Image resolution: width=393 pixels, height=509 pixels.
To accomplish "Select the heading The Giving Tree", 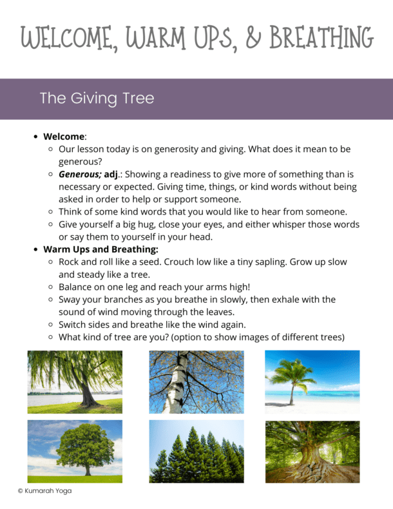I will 97,99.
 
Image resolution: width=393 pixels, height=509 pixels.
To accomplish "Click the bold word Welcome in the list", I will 64,137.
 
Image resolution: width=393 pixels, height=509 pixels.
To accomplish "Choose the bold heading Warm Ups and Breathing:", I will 101,249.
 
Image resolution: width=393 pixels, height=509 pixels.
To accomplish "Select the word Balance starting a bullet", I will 78,287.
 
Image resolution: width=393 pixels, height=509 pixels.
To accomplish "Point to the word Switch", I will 73,325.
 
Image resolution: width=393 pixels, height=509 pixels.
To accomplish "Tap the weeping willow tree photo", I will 75,381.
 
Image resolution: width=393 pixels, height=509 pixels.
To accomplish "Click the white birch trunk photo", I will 196,381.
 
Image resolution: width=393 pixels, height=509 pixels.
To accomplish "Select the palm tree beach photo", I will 312,381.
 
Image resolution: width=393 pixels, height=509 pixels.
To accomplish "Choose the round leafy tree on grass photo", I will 75,451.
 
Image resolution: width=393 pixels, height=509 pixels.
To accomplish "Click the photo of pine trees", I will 196,451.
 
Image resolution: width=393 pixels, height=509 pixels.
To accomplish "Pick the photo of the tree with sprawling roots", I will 312,451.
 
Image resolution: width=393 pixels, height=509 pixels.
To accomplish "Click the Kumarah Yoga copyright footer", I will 44,491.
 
